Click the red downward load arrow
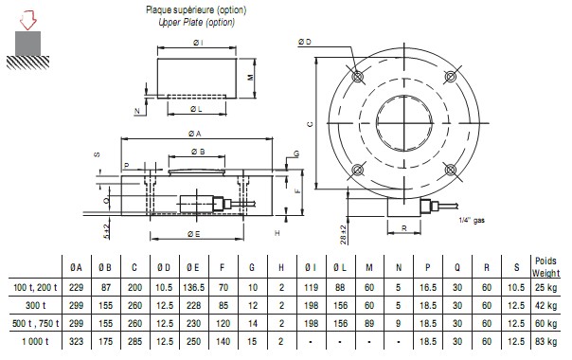point(28,21)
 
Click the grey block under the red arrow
point(27,44)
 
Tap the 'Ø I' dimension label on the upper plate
point(198,43)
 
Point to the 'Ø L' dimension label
point(196,109)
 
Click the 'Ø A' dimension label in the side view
point(195,134)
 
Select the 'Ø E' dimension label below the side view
point(194,234)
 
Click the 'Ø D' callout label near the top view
point(305,42)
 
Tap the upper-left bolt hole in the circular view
point(358,77)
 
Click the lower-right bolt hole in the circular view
point(451,170)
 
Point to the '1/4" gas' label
point(472,220)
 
